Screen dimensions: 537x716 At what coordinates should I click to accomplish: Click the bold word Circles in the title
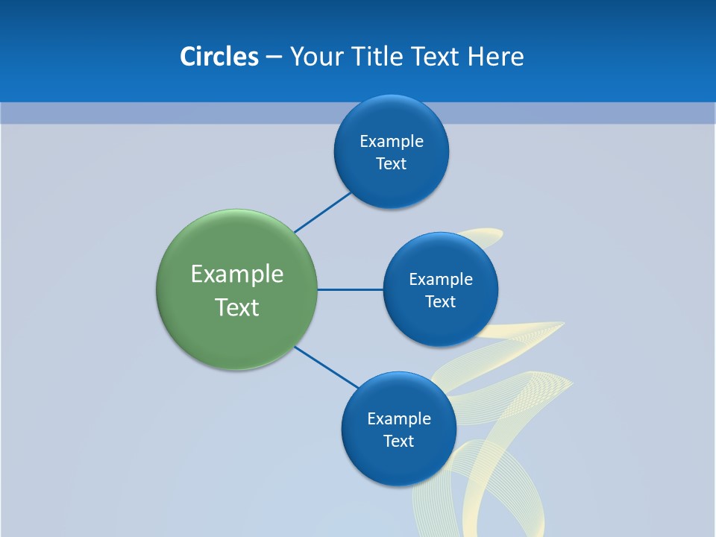point(219,57)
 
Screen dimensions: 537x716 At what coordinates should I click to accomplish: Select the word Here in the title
point(495,57)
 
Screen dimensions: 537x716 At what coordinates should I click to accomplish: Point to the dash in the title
point(274,57)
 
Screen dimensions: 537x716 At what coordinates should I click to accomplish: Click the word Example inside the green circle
point(237,274)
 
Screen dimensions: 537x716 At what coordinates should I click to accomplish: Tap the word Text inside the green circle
point(237,307)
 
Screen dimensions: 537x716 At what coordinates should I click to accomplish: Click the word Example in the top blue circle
point(392,142)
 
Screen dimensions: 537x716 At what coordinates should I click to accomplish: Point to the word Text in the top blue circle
point(392,164)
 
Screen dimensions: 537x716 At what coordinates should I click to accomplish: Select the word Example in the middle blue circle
point(441,280)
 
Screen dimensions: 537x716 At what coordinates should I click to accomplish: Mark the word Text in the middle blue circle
point(441,302)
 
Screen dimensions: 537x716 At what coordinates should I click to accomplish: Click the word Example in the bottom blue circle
point(398,419)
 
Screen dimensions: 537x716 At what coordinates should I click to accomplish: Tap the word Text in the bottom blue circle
point(398,442)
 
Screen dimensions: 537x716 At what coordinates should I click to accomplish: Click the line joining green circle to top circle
point(322,213)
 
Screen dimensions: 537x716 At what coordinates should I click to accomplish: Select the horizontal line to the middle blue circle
point(351,289)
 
